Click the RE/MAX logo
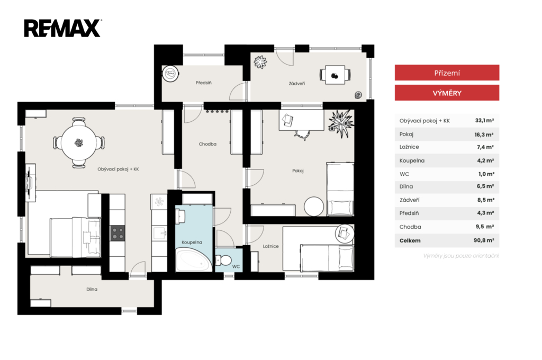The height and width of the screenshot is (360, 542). [x=62, y=29]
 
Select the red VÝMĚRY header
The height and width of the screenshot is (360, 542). [x=447, y=93]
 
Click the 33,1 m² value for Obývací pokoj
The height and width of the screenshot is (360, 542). [x=484, y=121]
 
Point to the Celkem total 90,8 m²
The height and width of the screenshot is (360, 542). [x=484, y=240]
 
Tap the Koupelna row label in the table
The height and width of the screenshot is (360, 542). [x=412, y=160]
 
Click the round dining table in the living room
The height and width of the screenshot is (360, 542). [x=79, y=142]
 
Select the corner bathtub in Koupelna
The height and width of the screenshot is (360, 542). [x=194, y=260]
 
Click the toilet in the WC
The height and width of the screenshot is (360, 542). [x=223, y=260]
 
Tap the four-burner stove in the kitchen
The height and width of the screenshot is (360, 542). [x=118, y=233]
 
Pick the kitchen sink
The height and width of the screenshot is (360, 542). [x=159, y=233]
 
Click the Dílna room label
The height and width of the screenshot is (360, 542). [x=92, y=290]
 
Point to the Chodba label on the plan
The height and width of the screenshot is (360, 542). [x=207, y=144]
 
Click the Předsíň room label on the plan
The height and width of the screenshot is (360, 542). [x=204, y=83]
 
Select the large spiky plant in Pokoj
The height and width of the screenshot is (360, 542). [x=341, y=123]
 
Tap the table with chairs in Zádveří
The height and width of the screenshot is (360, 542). [x=335, y=75]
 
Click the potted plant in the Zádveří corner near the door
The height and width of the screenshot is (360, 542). [x=260, y=62]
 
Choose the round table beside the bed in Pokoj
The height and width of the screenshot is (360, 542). [x=314, y=206]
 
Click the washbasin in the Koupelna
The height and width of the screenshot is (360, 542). [x=180, y=217]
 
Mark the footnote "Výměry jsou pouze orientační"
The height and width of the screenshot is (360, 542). [x=461, y=256]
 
